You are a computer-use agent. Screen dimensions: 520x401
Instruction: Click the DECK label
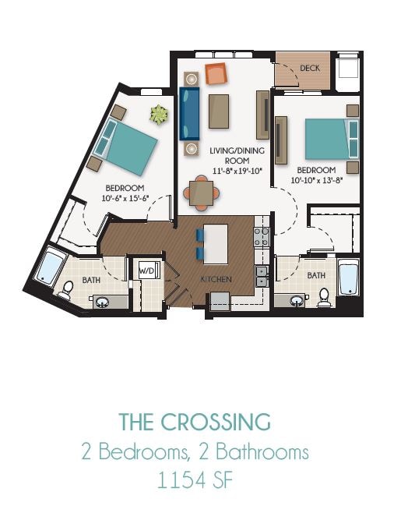(311, 69)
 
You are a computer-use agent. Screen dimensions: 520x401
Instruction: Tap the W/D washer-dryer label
(147, 270)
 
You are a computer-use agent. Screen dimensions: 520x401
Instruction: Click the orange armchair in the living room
(216, 75)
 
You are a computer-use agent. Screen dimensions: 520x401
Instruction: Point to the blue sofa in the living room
(189, 114)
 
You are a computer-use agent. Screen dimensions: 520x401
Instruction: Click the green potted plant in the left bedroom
(159, 115)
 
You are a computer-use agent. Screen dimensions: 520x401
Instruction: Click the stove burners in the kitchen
(262, 236)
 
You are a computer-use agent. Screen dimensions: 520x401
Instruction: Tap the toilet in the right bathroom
(324, 296)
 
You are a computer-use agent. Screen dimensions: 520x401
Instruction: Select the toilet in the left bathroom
(66, 291)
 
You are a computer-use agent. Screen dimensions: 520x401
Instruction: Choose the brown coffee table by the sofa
(219, 110)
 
